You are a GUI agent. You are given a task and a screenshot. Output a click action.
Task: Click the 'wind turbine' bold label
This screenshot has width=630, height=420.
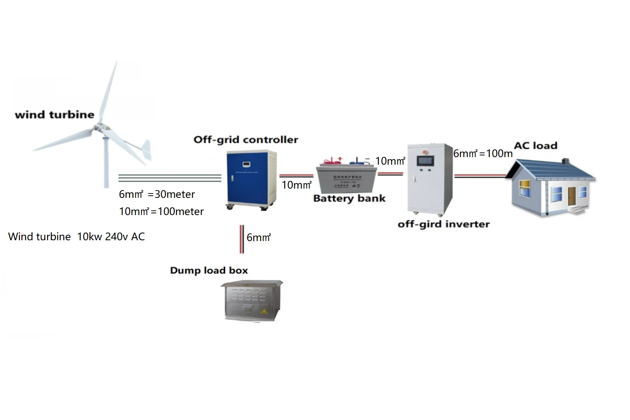55,115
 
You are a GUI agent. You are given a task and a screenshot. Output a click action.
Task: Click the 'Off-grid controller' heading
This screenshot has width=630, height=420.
246,139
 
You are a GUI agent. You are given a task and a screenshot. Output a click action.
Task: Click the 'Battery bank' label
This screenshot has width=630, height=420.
349,198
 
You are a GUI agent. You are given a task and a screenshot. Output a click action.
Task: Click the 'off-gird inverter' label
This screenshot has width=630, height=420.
444,224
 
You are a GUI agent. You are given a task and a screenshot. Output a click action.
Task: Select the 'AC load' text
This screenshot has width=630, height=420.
535,146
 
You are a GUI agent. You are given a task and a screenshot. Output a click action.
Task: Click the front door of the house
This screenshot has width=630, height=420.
572,196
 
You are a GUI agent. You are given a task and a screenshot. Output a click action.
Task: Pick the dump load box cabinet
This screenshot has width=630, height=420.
251,301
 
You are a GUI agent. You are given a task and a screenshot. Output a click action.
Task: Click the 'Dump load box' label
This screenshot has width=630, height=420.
209,270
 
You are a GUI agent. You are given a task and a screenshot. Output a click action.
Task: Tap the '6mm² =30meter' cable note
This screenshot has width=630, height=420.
157,194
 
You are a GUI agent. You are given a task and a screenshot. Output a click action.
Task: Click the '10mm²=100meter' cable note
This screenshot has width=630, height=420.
161,211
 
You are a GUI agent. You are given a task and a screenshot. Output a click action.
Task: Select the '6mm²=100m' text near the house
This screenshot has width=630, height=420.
483,154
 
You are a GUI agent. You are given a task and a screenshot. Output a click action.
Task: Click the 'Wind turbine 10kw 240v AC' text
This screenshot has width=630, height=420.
76,236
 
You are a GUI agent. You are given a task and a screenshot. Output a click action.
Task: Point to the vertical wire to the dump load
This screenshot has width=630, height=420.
241,239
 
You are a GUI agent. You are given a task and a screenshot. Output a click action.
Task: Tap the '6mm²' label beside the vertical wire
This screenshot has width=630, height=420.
258,238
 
